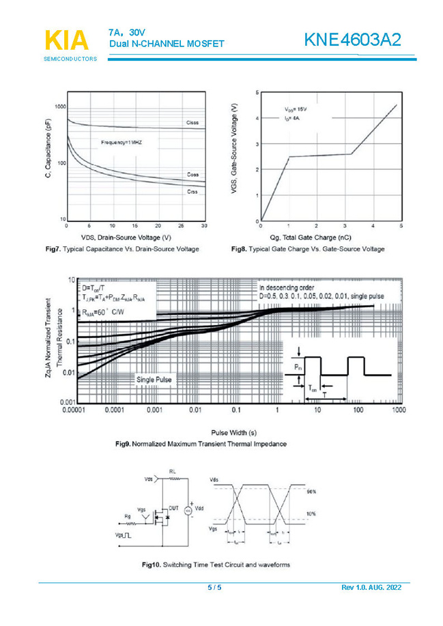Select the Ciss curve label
click(x=193, y=123)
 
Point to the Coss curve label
click(x=193, y=175)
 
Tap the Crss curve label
click(x=193, y=192)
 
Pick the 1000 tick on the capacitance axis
click(x=60, y=107)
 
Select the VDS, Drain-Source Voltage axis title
click(x=126, y=236)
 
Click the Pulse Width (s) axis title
click(x=234, y=432)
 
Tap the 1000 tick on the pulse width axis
click(x=399, y=411)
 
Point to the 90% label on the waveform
click(x=311, y=492)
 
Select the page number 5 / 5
click(x=214, y=588)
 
